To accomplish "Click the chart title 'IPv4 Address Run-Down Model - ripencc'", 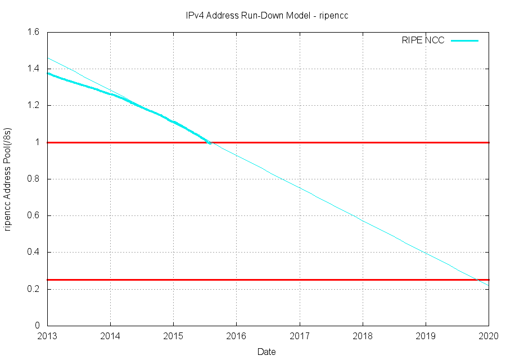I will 267,15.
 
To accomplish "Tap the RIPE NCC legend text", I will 423,40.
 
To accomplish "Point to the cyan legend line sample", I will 464,40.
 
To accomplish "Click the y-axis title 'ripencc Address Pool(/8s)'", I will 8,179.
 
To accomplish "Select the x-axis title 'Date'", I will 266,352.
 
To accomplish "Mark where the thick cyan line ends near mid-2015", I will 210,143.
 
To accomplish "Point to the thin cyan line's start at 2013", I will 48,58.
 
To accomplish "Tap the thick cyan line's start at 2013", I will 48,73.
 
